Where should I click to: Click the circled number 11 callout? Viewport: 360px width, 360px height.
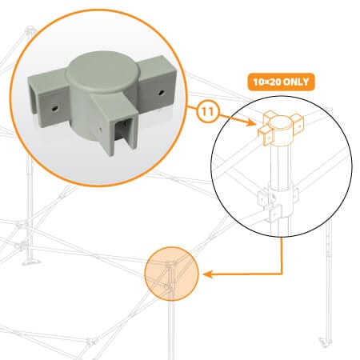point(208,112)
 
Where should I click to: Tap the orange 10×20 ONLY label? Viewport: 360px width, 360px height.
point(281,82)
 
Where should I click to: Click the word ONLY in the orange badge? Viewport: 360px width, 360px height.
point(296,82)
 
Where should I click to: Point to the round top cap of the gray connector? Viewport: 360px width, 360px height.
point(103,71)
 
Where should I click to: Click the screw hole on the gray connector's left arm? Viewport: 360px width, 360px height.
point(54,108)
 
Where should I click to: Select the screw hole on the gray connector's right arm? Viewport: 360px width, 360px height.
point(161,93)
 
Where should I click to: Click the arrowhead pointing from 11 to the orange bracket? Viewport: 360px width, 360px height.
point(250,122)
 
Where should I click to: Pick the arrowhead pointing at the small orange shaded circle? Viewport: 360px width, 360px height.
point(208,274)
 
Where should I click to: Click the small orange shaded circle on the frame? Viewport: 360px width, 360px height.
point(172,274)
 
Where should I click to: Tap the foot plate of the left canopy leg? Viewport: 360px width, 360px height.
point(31,262)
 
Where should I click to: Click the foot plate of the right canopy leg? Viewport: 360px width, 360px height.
point(326,342)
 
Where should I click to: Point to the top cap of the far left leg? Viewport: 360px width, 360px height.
point(30,28)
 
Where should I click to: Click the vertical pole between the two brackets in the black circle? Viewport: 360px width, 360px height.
point(280,166)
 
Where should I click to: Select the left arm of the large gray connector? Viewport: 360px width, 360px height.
point(47,98)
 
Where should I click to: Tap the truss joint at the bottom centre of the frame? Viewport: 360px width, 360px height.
point(92,342)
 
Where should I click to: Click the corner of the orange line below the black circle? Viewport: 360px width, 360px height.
point(281,274)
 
